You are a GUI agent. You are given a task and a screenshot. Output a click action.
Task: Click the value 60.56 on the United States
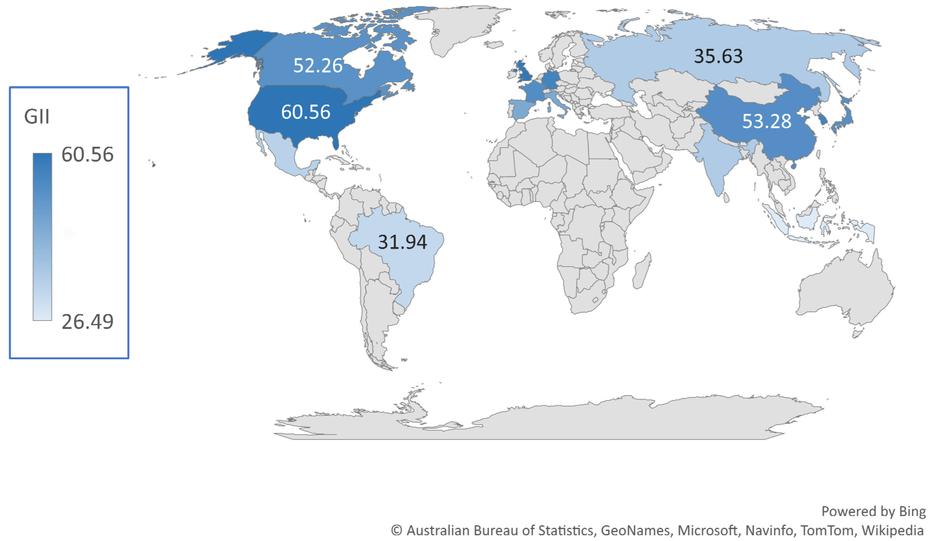point(305,112)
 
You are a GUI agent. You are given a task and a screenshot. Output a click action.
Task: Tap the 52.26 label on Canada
point(318,66)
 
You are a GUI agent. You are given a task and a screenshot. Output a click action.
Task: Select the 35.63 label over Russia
point(718,56)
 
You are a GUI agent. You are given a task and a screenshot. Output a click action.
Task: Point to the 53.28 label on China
point(766,121)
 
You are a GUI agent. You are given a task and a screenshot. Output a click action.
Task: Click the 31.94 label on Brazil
point(402,242)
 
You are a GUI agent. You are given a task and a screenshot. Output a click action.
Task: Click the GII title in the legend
point(37,117)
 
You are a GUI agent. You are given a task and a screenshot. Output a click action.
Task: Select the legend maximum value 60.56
point(87,154)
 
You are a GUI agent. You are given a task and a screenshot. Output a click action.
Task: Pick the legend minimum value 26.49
point(87,321)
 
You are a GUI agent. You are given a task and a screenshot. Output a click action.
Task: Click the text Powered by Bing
point(873,511)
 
